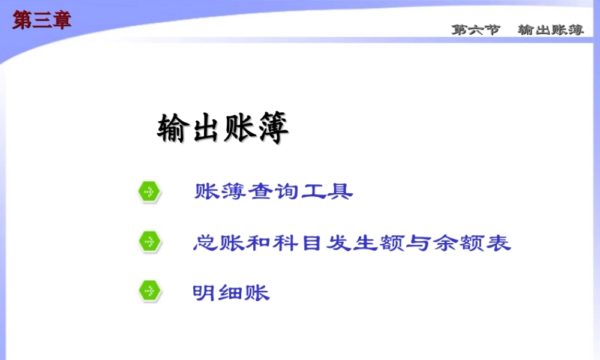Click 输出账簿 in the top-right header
[551, 30]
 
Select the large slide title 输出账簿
[223, 129]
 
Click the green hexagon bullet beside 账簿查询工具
[149, 192]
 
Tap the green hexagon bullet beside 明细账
[149, 292]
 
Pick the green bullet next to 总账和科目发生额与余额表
[149, 242]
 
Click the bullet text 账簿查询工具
[274, 192]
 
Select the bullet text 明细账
[231, 292]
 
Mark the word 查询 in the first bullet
[274, 192]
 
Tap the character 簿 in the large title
[273, 129]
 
